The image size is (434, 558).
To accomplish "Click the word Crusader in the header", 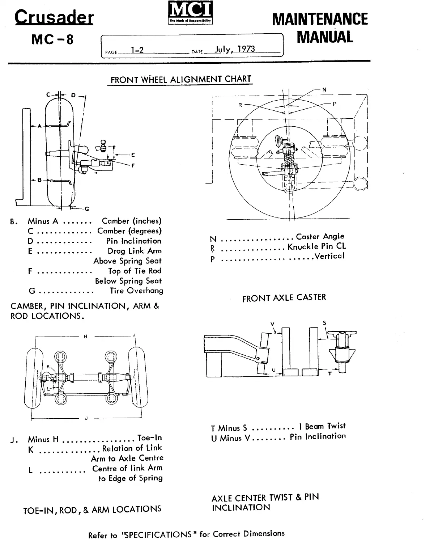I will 54,17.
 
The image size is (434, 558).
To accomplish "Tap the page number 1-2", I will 137,50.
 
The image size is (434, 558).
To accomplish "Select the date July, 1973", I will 235,49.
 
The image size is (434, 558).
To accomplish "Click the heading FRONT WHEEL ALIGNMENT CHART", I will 181,80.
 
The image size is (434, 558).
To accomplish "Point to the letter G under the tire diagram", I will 86,209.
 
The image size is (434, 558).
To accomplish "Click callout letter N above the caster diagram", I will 324,89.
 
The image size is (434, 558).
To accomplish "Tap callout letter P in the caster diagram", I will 335,104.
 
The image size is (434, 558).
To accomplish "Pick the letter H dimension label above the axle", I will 86,337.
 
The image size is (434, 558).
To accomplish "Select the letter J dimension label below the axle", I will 86,419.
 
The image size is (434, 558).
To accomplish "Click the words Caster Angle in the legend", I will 320,237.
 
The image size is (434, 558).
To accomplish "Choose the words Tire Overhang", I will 136,291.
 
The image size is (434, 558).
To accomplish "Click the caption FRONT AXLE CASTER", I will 284,298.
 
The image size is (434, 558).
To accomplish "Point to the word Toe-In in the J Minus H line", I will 150,438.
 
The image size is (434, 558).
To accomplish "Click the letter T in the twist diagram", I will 330,374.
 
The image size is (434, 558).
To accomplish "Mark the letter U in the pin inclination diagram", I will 273,370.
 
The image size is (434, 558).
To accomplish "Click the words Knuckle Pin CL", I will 317,246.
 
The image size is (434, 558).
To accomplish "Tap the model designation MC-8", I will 52,39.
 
